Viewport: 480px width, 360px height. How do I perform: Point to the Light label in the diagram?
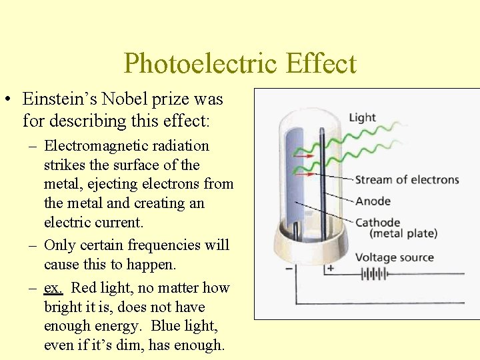[x=362, y=118]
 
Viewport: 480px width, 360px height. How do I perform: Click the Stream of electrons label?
[x=407, y=179]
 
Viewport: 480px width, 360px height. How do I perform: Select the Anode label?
[x=373, y=201]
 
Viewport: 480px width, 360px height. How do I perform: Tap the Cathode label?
[x=377, y=223]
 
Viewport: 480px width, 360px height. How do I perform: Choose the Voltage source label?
[x=394, y=257]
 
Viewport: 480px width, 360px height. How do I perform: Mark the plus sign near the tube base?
[x=330, y=268]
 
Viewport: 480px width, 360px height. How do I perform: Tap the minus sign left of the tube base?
[x=288, y=269]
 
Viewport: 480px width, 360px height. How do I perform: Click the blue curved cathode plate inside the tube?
[x=294, y=180]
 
